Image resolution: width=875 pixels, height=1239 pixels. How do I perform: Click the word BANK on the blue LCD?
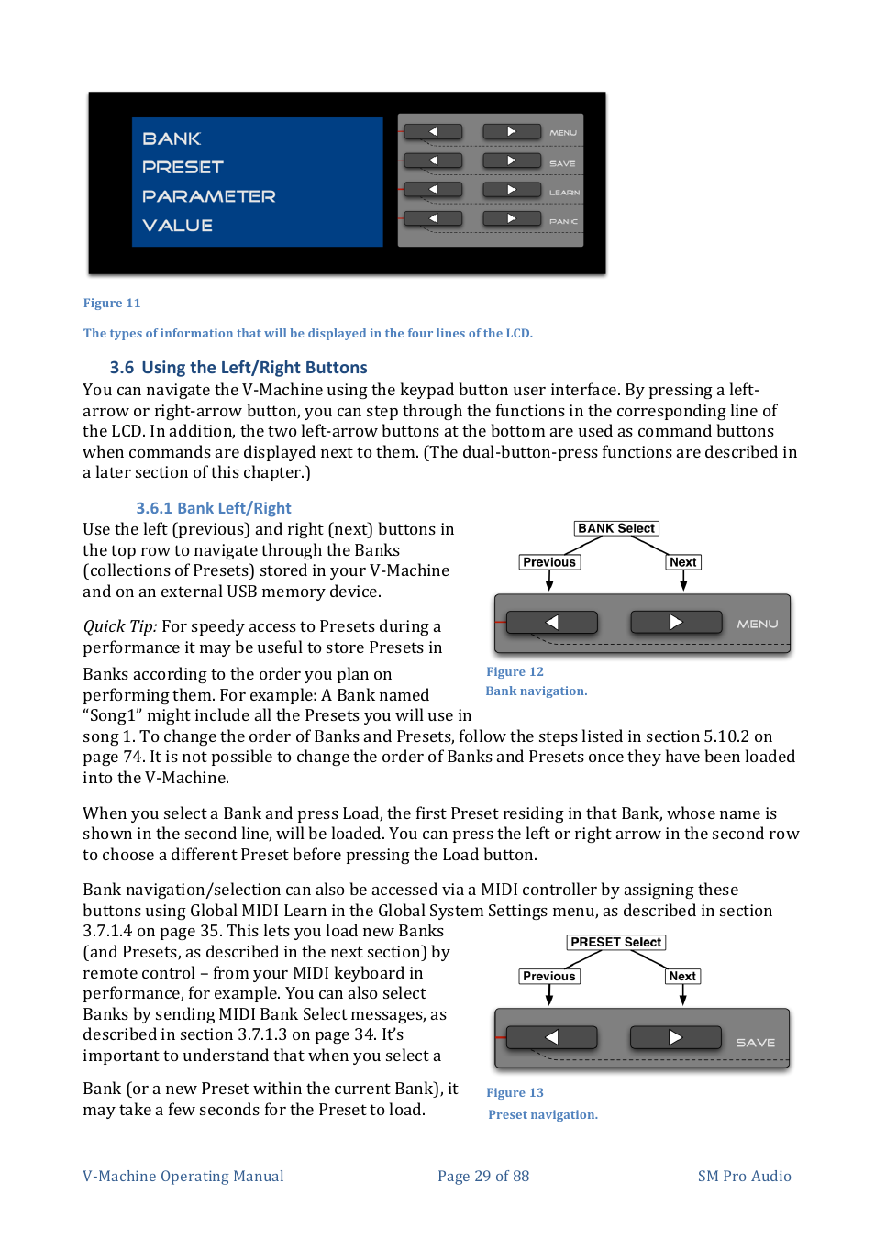[172, 138]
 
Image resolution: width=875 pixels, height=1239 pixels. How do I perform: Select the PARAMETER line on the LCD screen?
[208, 196]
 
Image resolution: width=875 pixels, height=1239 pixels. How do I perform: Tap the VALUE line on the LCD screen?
[177, 226]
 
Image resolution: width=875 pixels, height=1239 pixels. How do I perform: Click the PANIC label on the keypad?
[563, 221]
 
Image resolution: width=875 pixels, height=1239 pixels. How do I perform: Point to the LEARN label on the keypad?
[564, 193]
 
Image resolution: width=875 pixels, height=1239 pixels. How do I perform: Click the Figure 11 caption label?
[112, 304]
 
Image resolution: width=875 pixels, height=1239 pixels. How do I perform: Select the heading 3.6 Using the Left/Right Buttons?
[238, 368]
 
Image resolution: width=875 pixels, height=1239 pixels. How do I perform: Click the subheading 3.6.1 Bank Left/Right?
[214, 508]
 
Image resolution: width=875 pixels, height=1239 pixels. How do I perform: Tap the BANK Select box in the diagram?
[616, 528]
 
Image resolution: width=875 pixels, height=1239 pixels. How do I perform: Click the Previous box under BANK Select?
[549, 562]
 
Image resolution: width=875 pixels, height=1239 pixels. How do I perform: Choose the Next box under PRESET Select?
[682, 976]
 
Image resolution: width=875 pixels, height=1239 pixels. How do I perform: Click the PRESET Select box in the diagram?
[615, 942]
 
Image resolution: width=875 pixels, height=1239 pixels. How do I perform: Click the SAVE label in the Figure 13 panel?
[755, 1043]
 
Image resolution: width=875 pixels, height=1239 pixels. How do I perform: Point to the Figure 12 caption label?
[515, 672]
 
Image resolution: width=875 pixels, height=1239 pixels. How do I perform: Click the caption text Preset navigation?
[543, 1115]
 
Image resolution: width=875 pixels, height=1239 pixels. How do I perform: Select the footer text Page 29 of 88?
[483, 1177]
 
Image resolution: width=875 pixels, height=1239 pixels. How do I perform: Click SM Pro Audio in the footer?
[744, 1177]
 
